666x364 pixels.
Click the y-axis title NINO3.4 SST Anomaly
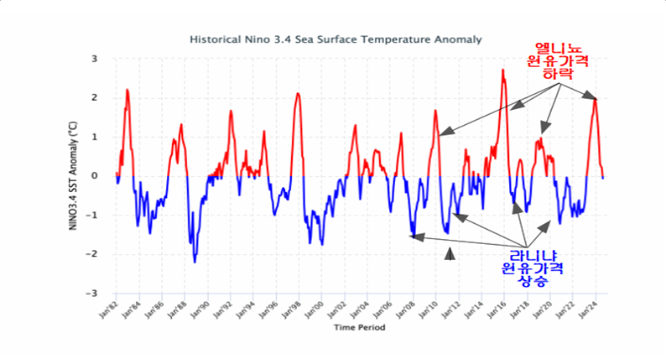click(84, 176)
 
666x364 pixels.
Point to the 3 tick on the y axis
click(95, 59)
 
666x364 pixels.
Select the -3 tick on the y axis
click(93, 294)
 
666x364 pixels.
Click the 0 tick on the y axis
click(95, 176)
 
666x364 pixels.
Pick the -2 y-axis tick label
click(93, 254)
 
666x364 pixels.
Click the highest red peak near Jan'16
click(502, 70)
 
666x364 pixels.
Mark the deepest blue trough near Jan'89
click(195, 262)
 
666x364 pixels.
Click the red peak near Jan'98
click(297, 93)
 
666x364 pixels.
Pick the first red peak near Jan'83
click(127, 90)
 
